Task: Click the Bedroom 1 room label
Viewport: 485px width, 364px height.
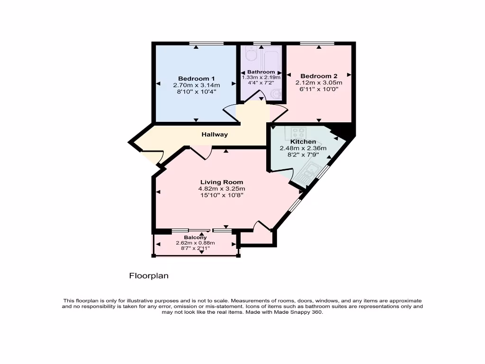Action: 197,79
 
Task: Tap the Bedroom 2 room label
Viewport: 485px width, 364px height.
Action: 319,76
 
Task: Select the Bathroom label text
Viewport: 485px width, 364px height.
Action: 261,72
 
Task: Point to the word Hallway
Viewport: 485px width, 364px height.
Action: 215,135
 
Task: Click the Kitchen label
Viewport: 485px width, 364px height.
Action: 303,142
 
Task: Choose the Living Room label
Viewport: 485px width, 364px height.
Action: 222,182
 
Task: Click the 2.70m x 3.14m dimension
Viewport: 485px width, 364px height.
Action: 197,85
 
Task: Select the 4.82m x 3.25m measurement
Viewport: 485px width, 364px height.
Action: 222,189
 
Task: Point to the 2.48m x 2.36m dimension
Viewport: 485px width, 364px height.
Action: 303,148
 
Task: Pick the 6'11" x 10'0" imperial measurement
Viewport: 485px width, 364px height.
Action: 319,89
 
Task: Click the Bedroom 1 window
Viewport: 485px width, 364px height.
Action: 207,44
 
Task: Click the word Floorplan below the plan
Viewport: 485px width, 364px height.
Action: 149,275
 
